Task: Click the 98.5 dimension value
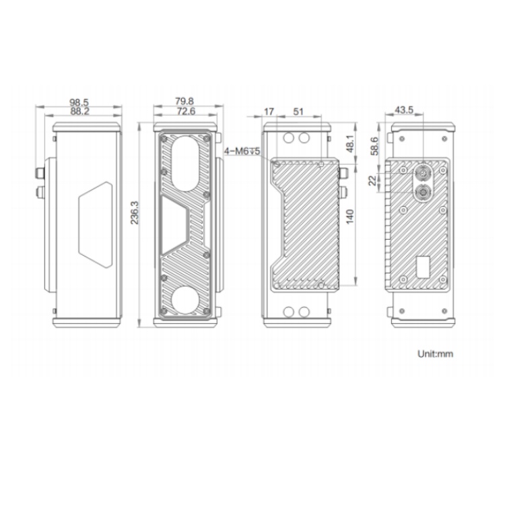click(79, 102)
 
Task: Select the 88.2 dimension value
click(79, 111)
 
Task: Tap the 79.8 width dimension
click(184, 102)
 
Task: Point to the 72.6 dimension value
click(186, 111)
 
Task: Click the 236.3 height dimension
click(134, 213)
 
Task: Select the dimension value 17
click(269, 112)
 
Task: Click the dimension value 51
click(298, 112)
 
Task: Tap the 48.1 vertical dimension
click(350, 143)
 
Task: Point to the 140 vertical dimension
click(350, 216)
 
